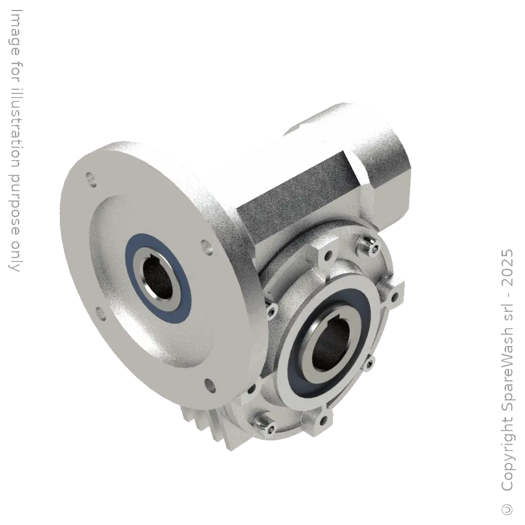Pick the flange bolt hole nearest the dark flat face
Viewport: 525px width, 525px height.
(204, 245)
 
